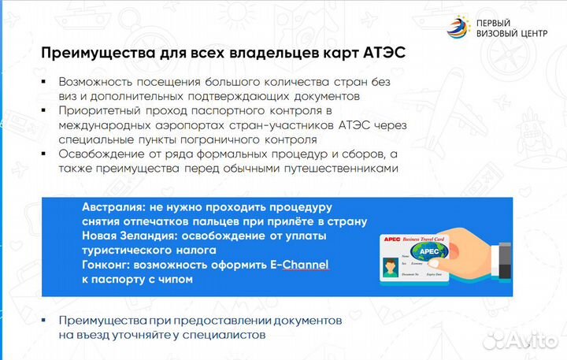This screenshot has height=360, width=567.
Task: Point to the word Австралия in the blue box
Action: (x=115, y=207)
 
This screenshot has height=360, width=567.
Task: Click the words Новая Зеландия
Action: (x=130, y=236)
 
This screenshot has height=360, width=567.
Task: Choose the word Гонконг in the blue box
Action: (x=108, y=265)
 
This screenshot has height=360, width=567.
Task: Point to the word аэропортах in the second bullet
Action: (x=183, y=125)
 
